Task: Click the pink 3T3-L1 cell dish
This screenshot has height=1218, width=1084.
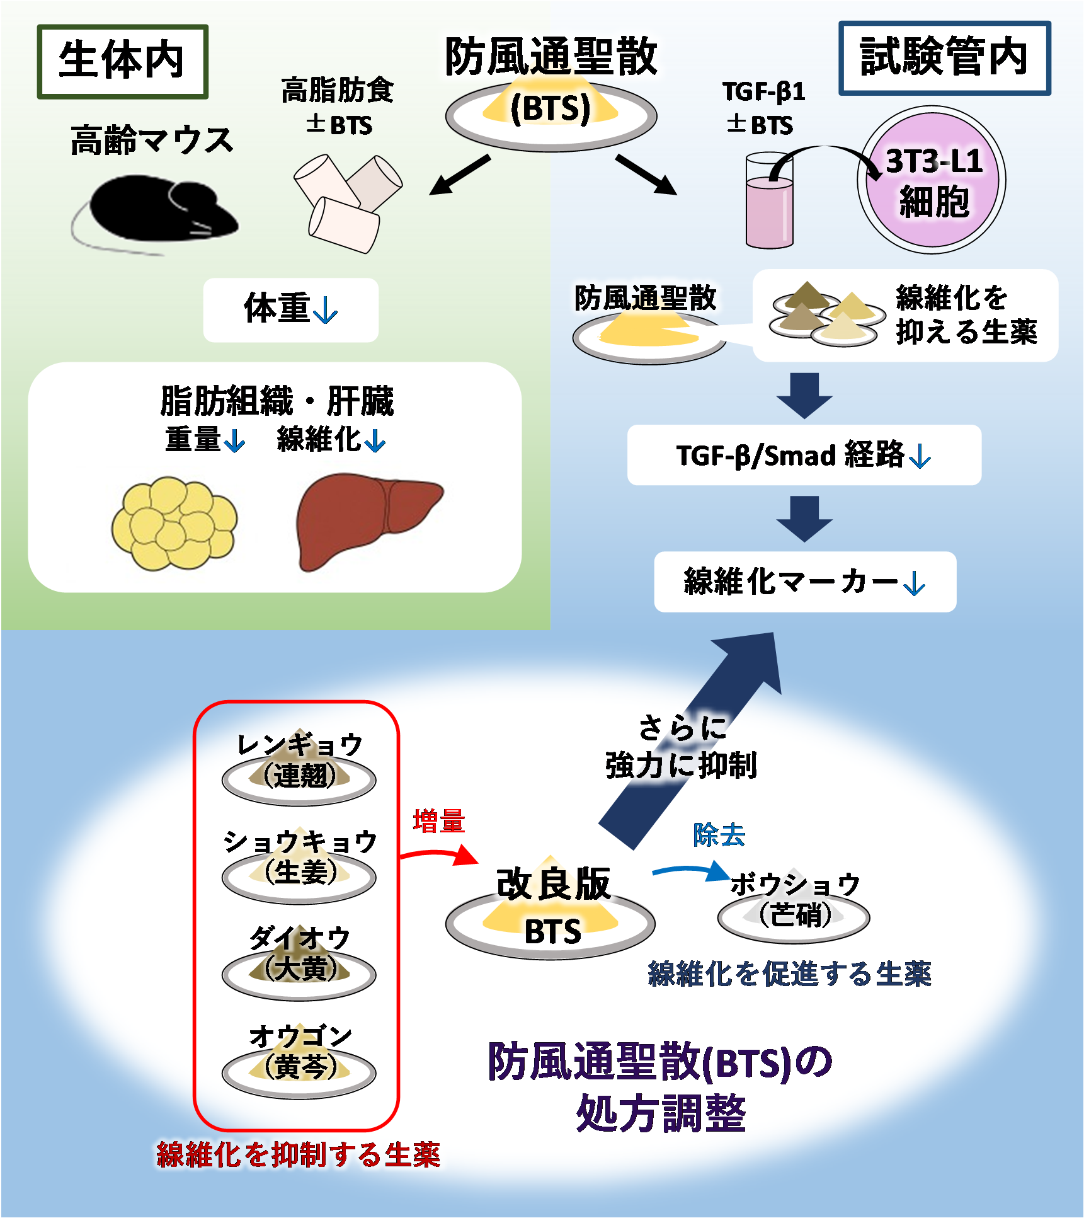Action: [x=932, y=180]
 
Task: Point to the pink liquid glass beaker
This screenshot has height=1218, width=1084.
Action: [x=769, y=200]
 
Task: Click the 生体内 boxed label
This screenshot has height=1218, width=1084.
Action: [x=123, y=61]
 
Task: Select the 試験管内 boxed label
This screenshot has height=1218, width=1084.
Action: [x=945, y=58]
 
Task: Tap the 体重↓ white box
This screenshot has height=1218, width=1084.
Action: [x=291, y=310]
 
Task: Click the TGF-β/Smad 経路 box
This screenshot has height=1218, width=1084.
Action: [x=804, y=455]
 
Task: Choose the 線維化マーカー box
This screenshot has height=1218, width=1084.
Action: [x=805, y=582]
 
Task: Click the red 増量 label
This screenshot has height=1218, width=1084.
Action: [x=439, y=822]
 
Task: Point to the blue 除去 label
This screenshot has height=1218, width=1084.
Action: [x=719, y=836]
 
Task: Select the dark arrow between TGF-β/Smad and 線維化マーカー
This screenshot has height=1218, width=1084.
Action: [x=804, y=519]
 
